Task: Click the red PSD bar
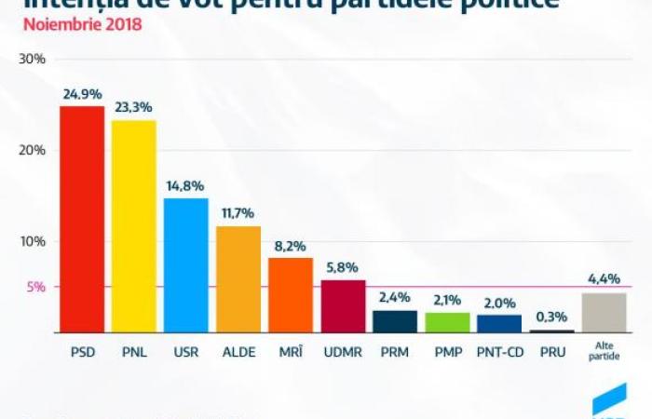(82, 219)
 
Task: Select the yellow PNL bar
(134, 226)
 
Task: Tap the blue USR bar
(186, 265)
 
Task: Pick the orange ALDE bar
(238, 279)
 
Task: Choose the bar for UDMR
(343, 306)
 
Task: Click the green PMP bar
(447, 322)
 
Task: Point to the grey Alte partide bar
(604, 313)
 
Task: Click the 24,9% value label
(82, 94)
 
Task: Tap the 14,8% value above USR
(186, 186)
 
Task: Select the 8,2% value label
(291, 246)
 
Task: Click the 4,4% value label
(604, 278)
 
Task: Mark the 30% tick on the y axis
(33, 59)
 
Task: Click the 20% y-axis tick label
(33, 150)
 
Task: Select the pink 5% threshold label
(35, 287)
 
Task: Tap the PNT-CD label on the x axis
(499, 354)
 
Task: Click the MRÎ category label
(291, 354)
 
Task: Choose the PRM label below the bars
(395, 354)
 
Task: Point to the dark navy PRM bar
(395, 321)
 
